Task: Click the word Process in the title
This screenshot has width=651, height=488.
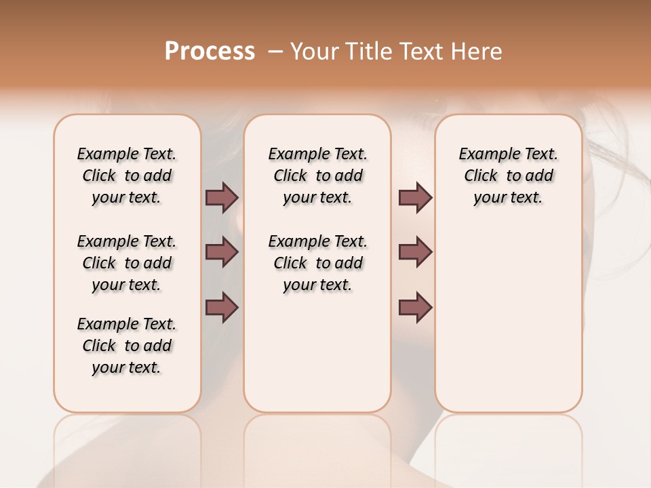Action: point(210,52)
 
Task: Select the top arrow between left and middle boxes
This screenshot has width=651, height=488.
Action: point(222,197)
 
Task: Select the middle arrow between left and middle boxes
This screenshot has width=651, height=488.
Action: point(222,252)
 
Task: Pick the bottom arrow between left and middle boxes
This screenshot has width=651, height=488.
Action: point(222,308)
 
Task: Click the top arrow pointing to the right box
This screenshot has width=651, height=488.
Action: point(415,197)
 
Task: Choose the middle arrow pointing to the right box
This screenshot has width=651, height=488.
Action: point(415,252)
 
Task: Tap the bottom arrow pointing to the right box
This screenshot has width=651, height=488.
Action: point(415,308)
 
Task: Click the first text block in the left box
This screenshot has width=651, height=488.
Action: point(127,176)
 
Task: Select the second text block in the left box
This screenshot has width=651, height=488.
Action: point(127,263)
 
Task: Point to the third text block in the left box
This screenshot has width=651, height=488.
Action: point(127,346)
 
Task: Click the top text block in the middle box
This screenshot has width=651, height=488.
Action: point(317,176)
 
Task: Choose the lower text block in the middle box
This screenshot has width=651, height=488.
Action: point(317,263)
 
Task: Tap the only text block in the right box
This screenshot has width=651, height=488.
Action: point(508,176)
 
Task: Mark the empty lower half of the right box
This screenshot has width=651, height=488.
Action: point(508,325)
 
